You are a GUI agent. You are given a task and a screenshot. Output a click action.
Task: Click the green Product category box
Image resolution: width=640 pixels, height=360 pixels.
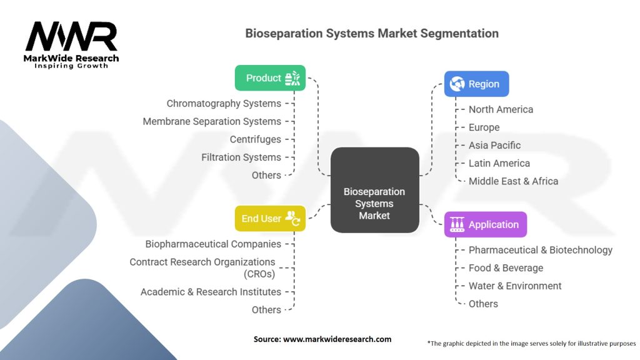pyautogui.click(x=270, y=78)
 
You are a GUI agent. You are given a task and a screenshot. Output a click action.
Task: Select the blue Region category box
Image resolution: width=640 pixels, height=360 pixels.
pyautogui.click(x=476, y=84)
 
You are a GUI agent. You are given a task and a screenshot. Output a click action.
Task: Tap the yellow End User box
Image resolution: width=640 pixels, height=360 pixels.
pyautogui.click(x=270, y=219)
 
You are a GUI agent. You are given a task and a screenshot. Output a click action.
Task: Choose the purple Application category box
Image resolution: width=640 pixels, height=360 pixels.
pyautogui.click(x=485, y=224)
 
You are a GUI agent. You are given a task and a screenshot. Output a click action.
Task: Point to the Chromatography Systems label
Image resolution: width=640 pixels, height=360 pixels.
pyautogui.click(x=224, y=103)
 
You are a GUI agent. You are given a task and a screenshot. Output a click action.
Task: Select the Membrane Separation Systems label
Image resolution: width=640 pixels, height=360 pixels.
pyautogui.click(x=212, y=121)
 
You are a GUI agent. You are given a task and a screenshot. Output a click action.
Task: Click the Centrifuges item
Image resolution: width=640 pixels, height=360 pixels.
pyautogui.click(x=255, y=139)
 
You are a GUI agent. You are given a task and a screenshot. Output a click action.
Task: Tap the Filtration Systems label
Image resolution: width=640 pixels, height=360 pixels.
pyautogui.click(x=241, y=157)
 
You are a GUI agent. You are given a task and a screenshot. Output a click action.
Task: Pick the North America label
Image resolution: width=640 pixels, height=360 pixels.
pyautogui.click(x=501, y=109)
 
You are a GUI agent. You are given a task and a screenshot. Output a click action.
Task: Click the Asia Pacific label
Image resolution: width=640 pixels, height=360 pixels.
pyautogui.click(x=494, y=145)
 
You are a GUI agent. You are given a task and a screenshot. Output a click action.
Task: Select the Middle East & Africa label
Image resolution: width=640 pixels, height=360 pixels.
pyautogui.click(x=513, y=181)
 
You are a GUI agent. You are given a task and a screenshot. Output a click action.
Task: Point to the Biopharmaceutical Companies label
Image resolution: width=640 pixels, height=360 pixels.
pyautogui.click(x=213, y=244)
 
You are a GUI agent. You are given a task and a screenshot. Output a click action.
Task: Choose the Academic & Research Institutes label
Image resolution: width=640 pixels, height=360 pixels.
pyautogui.click(x=211, y=292)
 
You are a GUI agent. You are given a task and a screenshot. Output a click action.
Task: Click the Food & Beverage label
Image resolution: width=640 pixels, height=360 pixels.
pyautogui.click(x=506, y=268)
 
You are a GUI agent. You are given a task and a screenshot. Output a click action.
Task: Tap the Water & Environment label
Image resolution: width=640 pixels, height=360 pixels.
pyautogui.click(x=515, y=286)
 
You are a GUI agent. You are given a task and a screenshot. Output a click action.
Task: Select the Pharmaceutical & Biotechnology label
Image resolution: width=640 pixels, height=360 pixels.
pyautogui.click(x=540, y=250)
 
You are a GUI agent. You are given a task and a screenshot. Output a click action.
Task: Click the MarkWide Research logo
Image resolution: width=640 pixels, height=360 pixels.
pyautogui.click(x=72, y=44)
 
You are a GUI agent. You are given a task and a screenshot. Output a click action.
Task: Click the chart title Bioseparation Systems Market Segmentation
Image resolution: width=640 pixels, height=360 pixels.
pyautogui.click(x=372, y=34)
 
